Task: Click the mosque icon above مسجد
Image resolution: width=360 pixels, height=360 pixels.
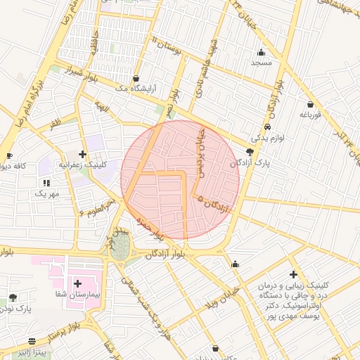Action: tap(262, 52)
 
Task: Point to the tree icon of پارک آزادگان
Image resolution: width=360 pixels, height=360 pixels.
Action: tap(250, 151)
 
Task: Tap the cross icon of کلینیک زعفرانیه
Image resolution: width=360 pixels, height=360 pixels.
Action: tap(83, 154)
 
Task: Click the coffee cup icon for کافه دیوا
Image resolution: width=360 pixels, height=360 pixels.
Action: tap(9, 156)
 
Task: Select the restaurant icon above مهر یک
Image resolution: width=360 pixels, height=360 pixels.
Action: tap(46, 183)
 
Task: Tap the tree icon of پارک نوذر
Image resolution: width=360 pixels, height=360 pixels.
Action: tap(12, 298)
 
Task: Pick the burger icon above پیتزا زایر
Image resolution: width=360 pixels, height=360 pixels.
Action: tap(32, 342)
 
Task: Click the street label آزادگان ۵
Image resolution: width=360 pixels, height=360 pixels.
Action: tap(214, 204)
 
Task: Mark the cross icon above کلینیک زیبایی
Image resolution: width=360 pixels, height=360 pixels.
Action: tap(293, 274)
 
